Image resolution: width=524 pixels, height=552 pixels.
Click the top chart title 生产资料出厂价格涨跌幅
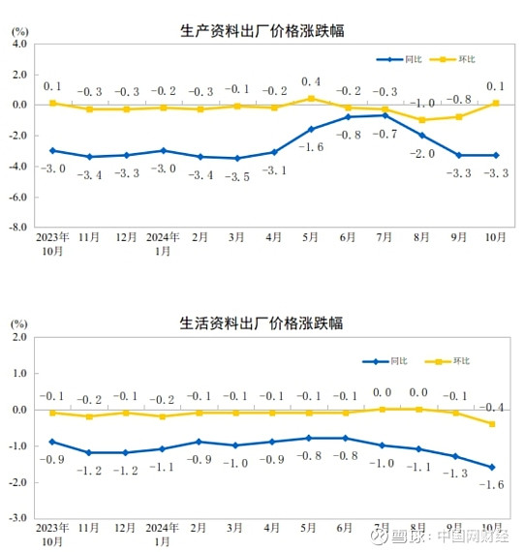pos(262,30)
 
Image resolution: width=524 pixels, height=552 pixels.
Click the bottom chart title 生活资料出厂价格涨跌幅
pos(262,322)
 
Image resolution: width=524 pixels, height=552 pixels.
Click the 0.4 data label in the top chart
pos(311,81)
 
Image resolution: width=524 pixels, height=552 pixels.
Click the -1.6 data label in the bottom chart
pos(493,484)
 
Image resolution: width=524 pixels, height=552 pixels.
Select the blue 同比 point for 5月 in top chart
pos(311,129)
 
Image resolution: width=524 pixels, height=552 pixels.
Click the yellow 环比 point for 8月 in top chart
pos(422,120)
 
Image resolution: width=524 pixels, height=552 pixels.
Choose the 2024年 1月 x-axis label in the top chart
pos(163,243)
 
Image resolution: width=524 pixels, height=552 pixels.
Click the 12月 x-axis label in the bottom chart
pos(126,528)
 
